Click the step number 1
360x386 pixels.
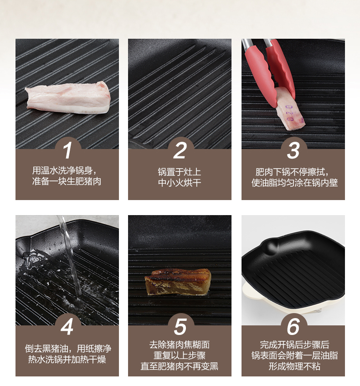pyautogui.click(x=67, y=150)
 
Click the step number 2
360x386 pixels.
pyautogui.click(x=180, y=150)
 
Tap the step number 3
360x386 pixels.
pyautogui.click(x=293, y=150)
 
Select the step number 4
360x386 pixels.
pyautogui.click(x=67, y=327)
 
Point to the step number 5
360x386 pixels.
pyautogui.click(x=180, y=327)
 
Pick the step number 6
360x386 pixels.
pyautogui.click(x=293, y=327)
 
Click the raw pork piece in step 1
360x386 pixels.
pyautogui.click(x=67, y=98)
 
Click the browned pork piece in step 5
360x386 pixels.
pyautogui.click(x=178, y=282)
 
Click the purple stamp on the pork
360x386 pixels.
pyautogui.click(x=289, y=113)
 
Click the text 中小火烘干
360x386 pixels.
pyautogui.click(x=180, y=183)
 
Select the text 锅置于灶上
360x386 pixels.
pyautogui.click(x=180, y=172)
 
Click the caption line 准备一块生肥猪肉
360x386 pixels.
pyautogui.click(x=67, y=181)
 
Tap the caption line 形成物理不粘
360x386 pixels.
pyautogui.click(x=294, y=366)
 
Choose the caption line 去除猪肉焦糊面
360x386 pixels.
pyautogui.click(x=180, y=345)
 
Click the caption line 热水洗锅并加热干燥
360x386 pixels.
pyautogui.click(x=67, y=360)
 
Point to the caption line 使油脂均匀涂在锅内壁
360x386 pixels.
pyautogui.click(x=294, y=183)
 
